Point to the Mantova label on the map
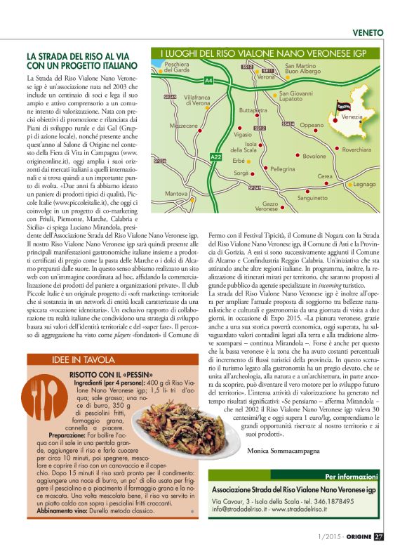tap(175, 192)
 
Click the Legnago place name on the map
tap(364, 184)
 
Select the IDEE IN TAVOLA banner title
tap(81, 359)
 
